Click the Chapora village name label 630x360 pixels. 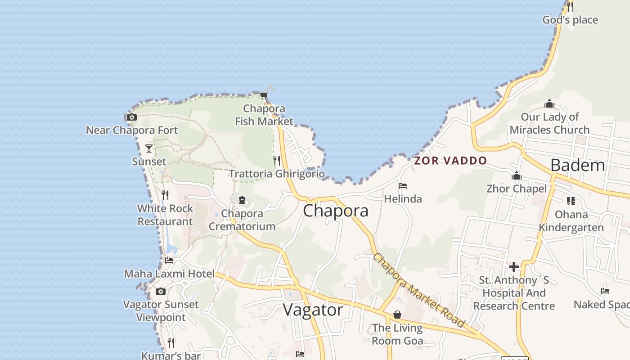[x=336, y=211]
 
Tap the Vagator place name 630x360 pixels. [x=313, y=310]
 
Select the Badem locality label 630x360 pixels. [x=578, y=165]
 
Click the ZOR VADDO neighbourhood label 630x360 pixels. [x=450, y=161]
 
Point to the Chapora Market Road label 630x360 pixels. [x=418, y=291]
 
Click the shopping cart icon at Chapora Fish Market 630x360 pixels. [x=264, y=95]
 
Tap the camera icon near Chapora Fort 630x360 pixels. [x=131, y=117]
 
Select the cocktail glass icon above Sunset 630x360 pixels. [x=149, y=148]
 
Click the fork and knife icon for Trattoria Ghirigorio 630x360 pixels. [x=277, y=160]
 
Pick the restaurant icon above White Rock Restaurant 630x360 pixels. [x=165, y=195]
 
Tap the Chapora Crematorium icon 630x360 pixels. [x=242, y=200]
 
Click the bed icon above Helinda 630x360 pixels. [x=403, y=185]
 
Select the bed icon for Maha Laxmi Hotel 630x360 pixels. [x=169, y=260]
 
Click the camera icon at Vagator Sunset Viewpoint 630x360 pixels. [x=161, y=291]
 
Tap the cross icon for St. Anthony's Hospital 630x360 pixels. [x=514, y=267]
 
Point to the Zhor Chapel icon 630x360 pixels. [x=516, y=175]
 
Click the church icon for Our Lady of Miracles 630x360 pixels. [x=549, y=104]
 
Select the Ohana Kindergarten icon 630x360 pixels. [x=571, y=201]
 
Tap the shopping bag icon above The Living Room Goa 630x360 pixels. [x=397, y=315]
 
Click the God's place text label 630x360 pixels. [x=570, y=20]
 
